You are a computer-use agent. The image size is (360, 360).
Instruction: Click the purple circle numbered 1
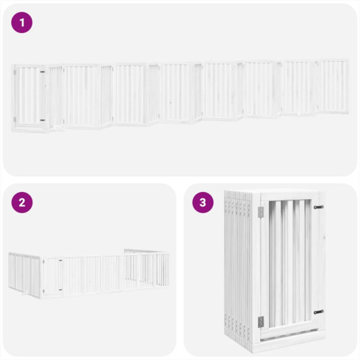pyautogui.click(x=22, y=23)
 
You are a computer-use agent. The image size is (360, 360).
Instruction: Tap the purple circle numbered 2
pyautogui.click(x=22, y=202)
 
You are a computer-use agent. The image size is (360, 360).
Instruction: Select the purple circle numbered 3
pyautogui.click(x=203, y=202)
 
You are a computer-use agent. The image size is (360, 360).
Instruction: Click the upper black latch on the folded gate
pyautogui.click(x=318, y=207)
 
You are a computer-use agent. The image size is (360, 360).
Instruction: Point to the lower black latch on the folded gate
pyautogui.click(x=318, y=312)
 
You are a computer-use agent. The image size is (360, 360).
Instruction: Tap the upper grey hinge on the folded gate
pyautogui.click(x=260, y=212)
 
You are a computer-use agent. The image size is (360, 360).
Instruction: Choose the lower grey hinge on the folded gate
pyautogui.click(x=260, y=322)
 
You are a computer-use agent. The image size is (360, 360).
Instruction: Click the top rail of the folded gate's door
pyautogui.click(x=289, y=196)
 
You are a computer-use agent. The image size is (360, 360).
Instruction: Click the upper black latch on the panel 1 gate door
pyautogui.click(x=42, y=73)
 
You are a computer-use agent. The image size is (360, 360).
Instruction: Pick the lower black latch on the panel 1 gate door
pyautogui.click(x=42, y=120)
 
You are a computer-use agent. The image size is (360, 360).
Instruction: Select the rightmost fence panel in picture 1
pyautogui.click(x=333, y=87)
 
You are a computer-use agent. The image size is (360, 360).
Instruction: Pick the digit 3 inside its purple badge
pyautogui.click(x=203, y=202)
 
